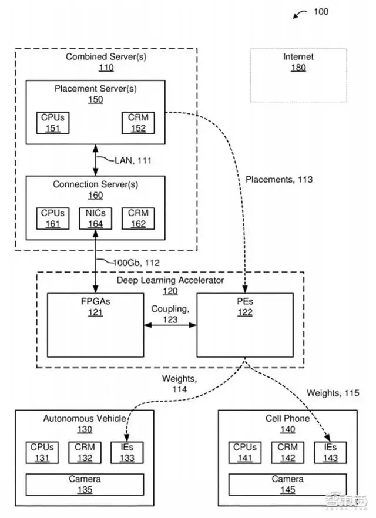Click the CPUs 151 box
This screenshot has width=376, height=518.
tap(52, 122)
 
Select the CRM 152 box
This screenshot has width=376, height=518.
tap(138, 122)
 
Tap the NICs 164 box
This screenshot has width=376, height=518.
tap(95, 218)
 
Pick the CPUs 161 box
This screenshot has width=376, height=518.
tap(52, 218)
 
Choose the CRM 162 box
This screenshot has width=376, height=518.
tap(138, 218)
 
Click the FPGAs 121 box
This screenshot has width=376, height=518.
tap(95, 325)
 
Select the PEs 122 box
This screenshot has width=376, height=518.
tap(245, 325)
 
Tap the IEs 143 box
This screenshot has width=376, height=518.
tap(330, 452)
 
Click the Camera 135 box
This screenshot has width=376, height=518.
tap(85, 485)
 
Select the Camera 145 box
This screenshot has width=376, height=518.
tap(287, 485)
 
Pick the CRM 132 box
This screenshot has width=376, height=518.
tap(85, 452)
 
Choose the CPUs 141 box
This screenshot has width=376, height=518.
tap(244, 452)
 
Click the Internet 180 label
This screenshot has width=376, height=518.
tap(298, 62)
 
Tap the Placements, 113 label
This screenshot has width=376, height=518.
tap(279, 180)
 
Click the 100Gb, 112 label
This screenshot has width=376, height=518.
tap(135, 263)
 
